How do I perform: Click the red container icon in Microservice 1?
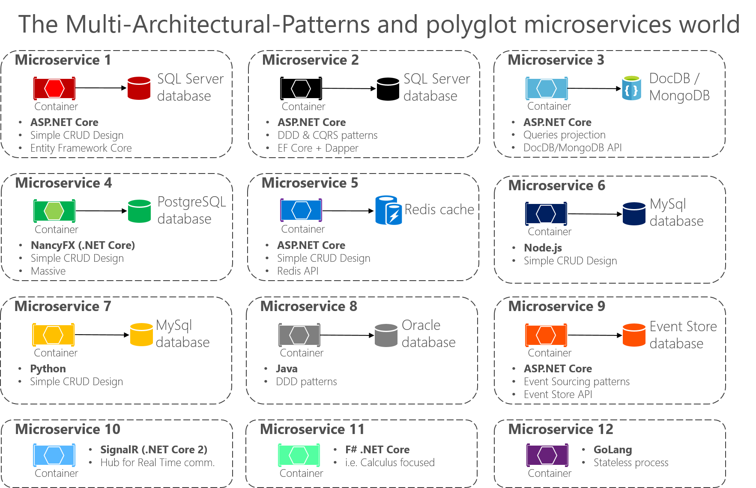pos(54,88)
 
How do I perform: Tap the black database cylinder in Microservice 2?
pos(388,89)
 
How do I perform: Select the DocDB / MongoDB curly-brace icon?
pos(631,88)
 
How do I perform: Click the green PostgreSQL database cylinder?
pos(139,211)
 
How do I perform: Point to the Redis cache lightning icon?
pos(388,210)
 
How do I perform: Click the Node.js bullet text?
pos(543,248)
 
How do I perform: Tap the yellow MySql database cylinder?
pos(141,335)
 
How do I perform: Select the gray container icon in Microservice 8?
pos(299,335)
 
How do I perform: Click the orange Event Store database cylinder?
pos(633,335)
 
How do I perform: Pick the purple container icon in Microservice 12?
pos(547,455)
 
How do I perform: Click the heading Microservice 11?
pos(312,429)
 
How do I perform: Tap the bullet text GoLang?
pos(613,449)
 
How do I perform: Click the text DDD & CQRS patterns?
pos(327,135)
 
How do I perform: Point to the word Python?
pos(48,368)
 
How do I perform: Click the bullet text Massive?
pos(48,271)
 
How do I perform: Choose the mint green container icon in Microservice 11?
pos(299,455)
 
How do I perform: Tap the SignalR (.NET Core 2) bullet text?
pos(153,449)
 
